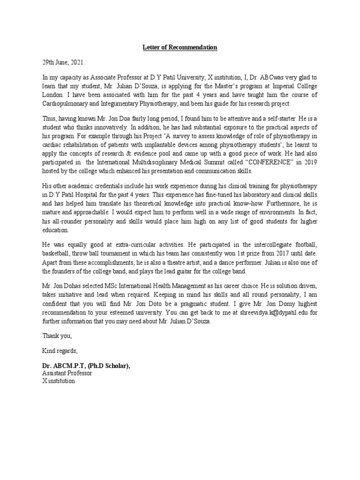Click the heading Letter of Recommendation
[180, 47]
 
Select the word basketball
[56, 263]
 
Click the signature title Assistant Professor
[67, 373]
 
